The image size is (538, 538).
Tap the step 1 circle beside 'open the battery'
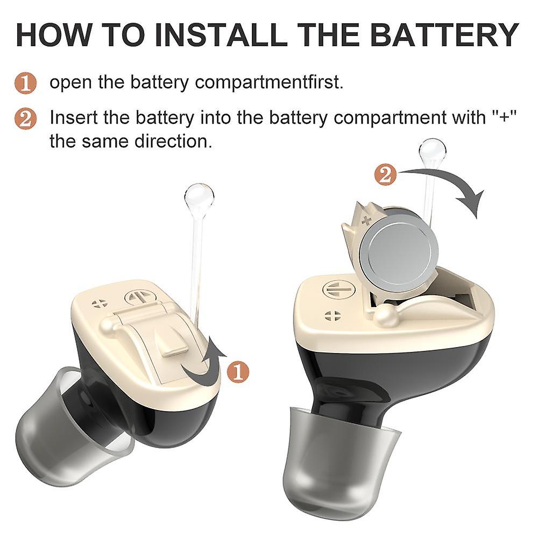coord(25,84)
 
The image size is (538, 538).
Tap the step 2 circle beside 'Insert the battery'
coord(25,118)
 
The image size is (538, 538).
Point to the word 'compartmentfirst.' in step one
coord(268,83)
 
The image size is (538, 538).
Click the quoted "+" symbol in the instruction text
coord(505,117)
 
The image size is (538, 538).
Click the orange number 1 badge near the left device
coord(238,372)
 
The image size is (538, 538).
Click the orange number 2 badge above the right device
coord(385,175)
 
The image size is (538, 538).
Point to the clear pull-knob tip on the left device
coord(199,197)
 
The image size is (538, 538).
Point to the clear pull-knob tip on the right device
coord(433,151)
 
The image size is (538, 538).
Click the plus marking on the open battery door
coord(367,220)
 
